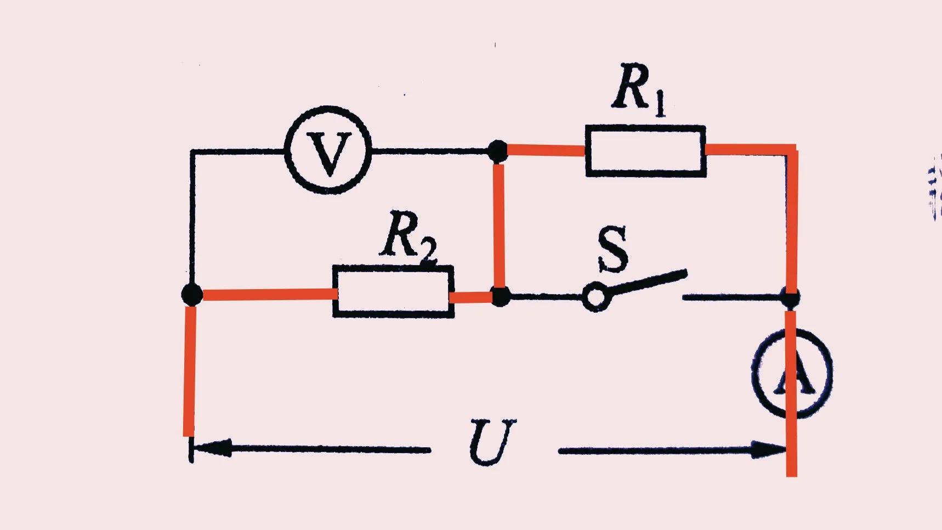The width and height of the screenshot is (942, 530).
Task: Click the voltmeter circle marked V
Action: pyautogui.click(x=328, y=150)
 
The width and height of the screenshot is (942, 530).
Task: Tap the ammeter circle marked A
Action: pyautogui.click(x=791, y=373)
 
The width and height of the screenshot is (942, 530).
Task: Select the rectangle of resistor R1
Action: pyautogui.click(x=645, y=151)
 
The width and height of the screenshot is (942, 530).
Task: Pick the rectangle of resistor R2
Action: pyautogui.click(x=393, y=291)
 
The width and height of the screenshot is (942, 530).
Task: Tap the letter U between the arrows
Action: pyautogui.click(x=492, y=442)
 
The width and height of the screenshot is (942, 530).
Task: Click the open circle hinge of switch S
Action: pyautogui.click(x=594, y=297)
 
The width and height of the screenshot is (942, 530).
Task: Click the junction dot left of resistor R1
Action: pyautogui.click(x=497, y=150)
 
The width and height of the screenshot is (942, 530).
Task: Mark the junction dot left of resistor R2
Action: pyautogui.click(x=192, y=295)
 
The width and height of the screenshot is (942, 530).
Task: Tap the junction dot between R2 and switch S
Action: pyautogui.click(x=500, y=296)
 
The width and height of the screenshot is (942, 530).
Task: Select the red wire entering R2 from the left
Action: pyautogui.click(x=269, y=295)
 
